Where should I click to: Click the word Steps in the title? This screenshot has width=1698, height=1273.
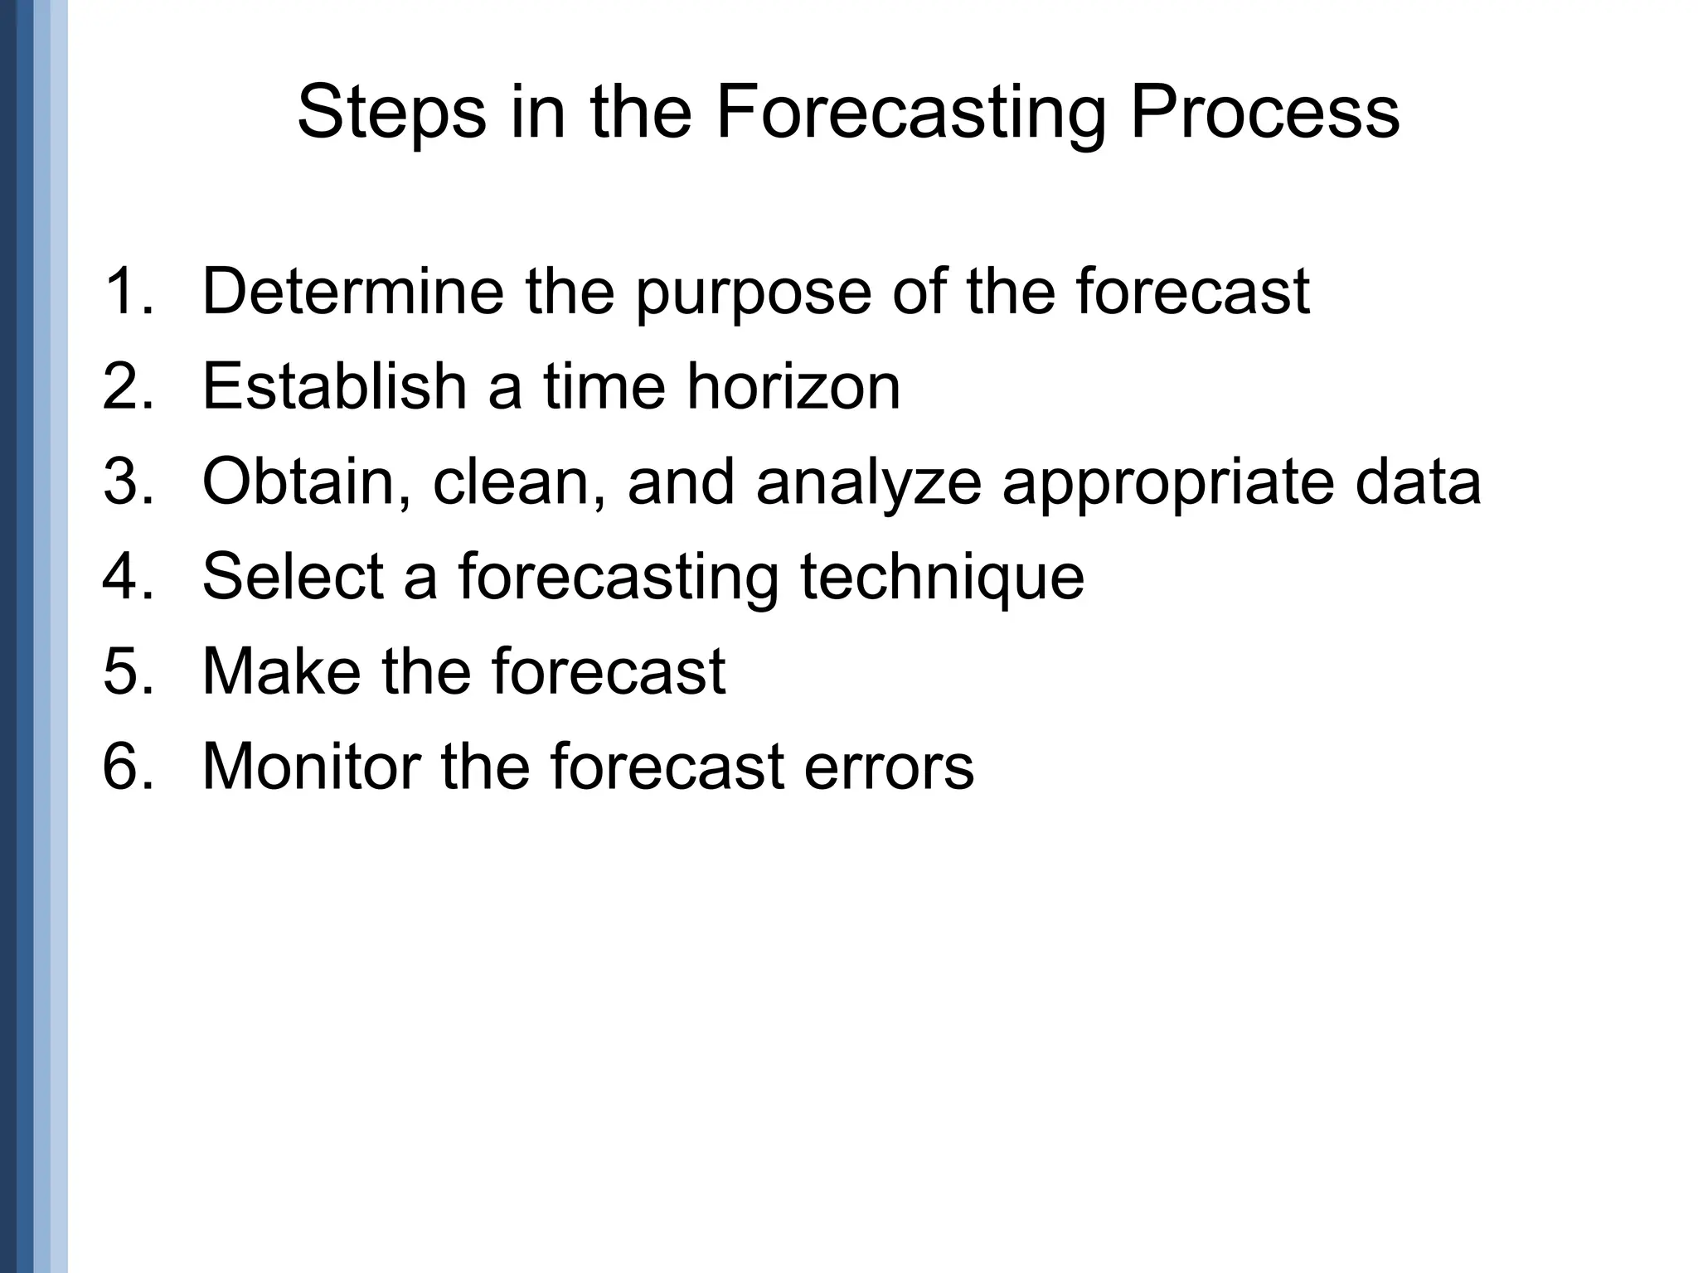391,114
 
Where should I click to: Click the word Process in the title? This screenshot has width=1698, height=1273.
1264,114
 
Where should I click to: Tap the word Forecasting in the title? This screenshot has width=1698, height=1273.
910,114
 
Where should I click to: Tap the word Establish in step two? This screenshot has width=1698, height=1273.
335,386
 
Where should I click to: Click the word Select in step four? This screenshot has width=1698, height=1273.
293,576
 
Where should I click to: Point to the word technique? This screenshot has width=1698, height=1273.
942,578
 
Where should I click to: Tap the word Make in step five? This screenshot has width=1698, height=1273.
281,670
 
